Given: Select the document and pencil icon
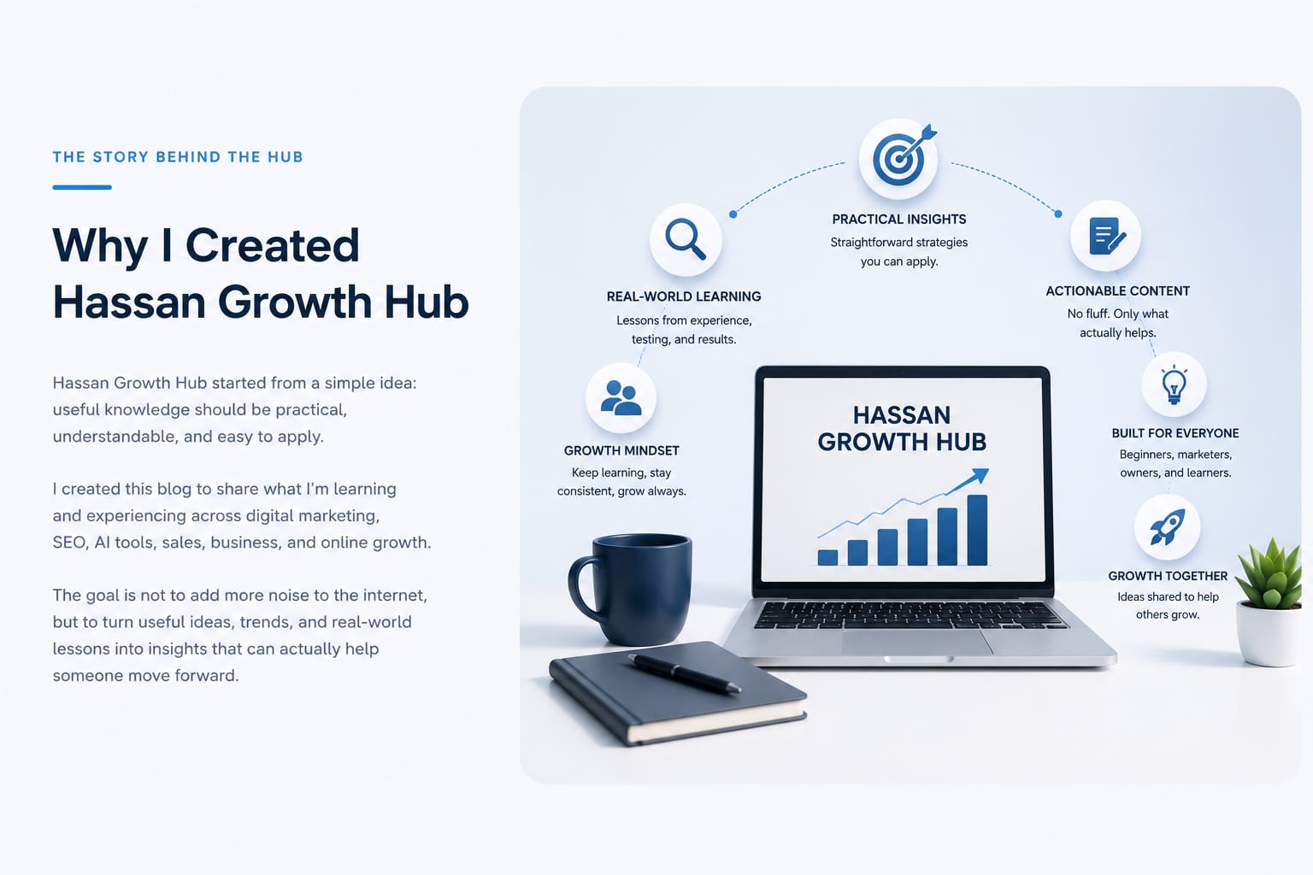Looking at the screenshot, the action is coord(1107,236).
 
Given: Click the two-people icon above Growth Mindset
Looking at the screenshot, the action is coord(621,398).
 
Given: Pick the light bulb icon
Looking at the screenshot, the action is coord(1174,385).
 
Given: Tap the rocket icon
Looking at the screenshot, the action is coord(1167,527).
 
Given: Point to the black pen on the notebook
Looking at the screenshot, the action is coord(685,673).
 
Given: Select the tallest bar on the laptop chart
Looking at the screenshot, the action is coord(977,530).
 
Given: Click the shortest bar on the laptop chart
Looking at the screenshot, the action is coord(827,557).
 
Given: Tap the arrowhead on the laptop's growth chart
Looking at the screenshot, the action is coord(980,475).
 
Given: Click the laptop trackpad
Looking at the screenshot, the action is coord(917,643).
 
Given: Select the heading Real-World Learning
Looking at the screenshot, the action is coord(684,297).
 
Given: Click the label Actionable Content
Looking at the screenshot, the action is coord(1118,291).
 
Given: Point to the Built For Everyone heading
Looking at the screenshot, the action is coord(1175,433).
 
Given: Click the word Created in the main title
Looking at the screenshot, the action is coord(272,245).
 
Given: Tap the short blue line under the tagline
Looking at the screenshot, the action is coord(82,187).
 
